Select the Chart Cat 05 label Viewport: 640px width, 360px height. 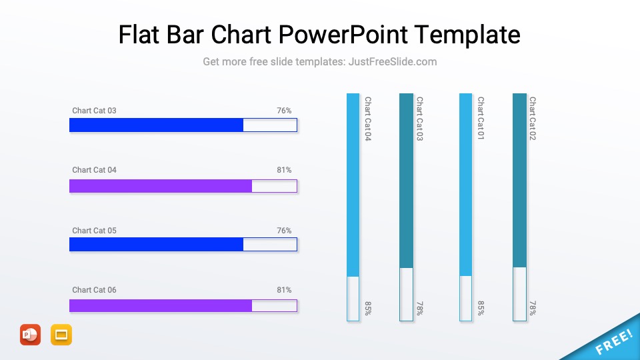(x=94, y=231)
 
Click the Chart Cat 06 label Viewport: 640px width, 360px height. (x=94, y=290)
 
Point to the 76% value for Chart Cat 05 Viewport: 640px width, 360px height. (x=284, y=231)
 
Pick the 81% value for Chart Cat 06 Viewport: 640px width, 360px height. (x=284, y=290)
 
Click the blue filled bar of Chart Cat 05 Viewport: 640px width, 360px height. (x=156, y=245)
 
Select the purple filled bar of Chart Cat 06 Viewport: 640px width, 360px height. (x=160, y=305)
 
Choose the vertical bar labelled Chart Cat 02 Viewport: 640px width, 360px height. (x=519, y=180)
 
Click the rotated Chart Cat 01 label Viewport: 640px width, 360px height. (x=481, y=118)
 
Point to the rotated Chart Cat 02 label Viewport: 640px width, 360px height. (x=533, y=118)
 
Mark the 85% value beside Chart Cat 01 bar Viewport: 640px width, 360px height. (x=481, y=308)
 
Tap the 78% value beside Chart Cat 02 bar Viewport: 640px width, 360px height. (x=533, y=308)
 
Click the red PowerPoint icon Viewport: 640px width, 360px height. (x=30, y=334)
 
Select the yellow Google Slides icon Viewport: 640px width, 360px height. (x=61, y=334)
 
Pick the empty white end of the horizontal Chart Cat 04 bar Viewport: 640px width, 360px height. (x=274, y=186)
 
